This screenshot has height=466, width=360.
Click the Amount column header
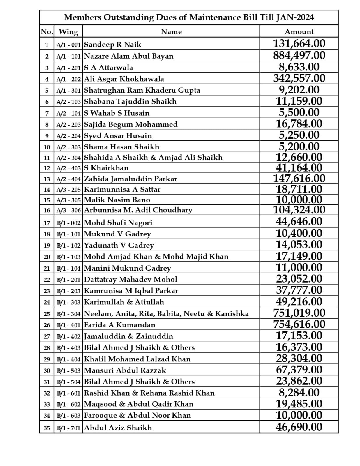click(299, 31)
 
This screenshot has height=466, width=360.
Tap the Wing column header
click(68, 31)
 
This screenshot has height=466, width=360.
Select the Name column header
click(171, 31)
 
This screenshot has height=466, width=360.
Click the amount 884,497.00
click(299, 55)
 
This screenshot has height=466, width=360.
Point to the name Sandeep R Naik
click(112, 45)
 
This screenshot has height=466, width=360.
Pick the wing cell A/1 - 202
click(68, 79)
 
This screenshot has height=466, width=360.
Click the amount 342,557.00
click(299, 78)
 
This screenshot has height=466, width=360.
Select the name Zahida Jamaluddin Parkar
click(130, 179)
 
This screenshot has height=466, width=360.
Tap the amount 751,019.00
click(299, 313)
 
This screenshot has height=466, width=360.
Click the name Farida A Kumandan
click(119, 325)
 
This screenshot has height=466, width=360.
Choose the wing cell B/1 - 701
click(68, 428)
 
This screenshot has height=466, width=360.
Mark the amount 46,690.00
click(299, 427)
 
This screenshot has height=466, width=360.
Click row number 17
click(47, 223)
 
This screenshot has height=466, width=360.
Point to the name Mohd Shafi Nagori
click(118, 223)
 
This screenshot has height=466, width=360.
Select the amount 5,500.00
click(299, 112)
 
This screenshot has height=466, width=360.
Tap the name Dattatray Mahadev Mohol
click(130, 279)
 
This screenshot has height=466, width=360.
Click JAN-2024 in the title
click(295, 17)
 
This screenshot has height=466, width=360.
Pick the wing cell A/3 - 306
click(68, 210)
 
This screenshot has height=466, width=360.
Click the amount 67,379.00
click(299, 370)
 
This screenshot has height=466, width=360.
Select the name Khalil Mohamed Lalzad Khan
click(137, 359)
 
